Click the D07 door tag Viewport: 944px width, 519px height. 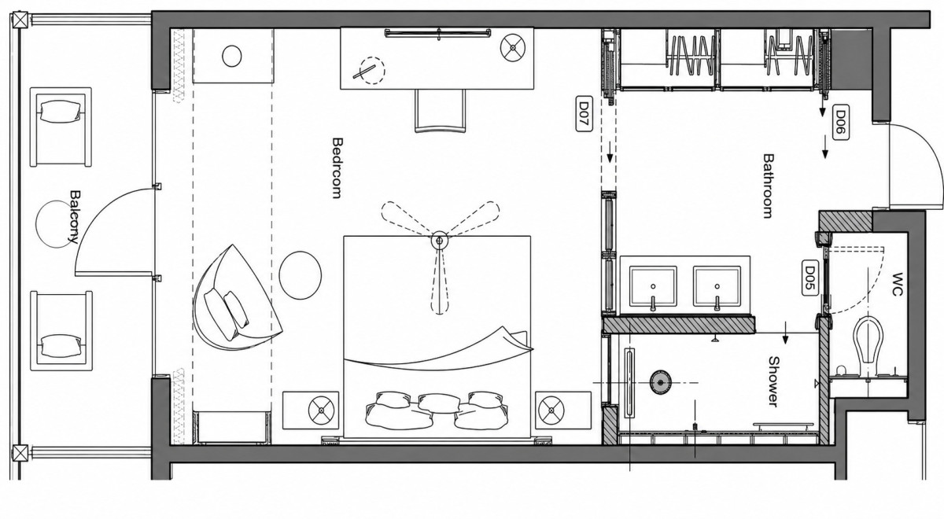(584, 114)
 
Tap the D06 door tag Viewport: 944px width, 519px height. (841, 122)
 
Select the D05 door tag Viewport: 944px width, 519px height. (809, 278)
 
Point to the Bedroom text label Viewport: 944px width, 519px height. (337, 167)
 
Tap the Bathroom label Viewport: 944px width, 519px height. (769, 186)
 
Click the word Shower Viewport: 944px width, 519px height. (774, 381)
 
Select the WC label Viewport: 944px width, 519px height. (898, 285)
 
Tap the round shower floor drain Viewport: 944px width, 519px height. (660, 382)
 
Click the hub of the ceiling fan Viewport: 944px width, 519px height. (440, 241)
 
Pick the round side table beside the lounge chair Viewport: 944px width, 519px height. (301, 275)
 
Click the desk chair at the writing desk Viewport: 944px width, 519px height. (440, 111)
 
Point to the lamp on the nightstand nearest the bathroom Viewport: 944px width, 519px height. (551, 410)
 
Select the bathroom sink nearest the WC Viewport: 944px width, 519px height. (717, 286)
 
